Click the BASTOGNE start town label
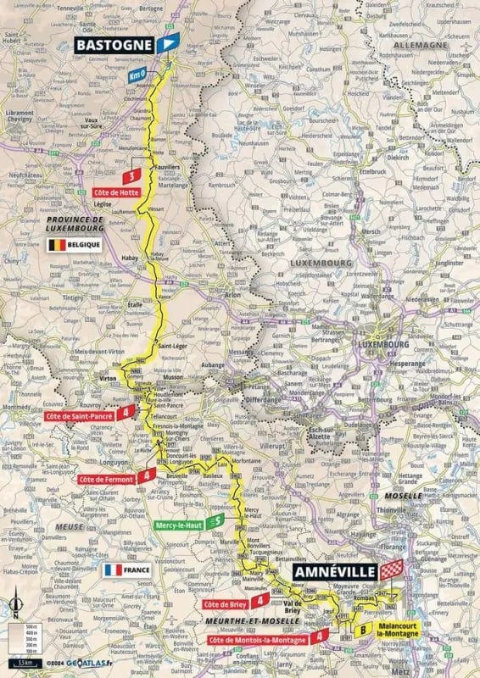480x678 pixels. point(114,45)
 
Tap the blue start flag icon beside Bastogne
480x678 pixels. point(170,45)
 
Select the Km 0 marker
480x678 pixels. point(137,76)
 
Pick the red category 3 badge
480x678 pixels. point(131,177)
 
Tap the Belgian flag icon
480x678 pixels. point(56,245)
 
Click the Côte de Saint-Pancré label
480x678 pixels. point(78,417)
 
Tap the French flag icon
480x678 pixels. point(113,570)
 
